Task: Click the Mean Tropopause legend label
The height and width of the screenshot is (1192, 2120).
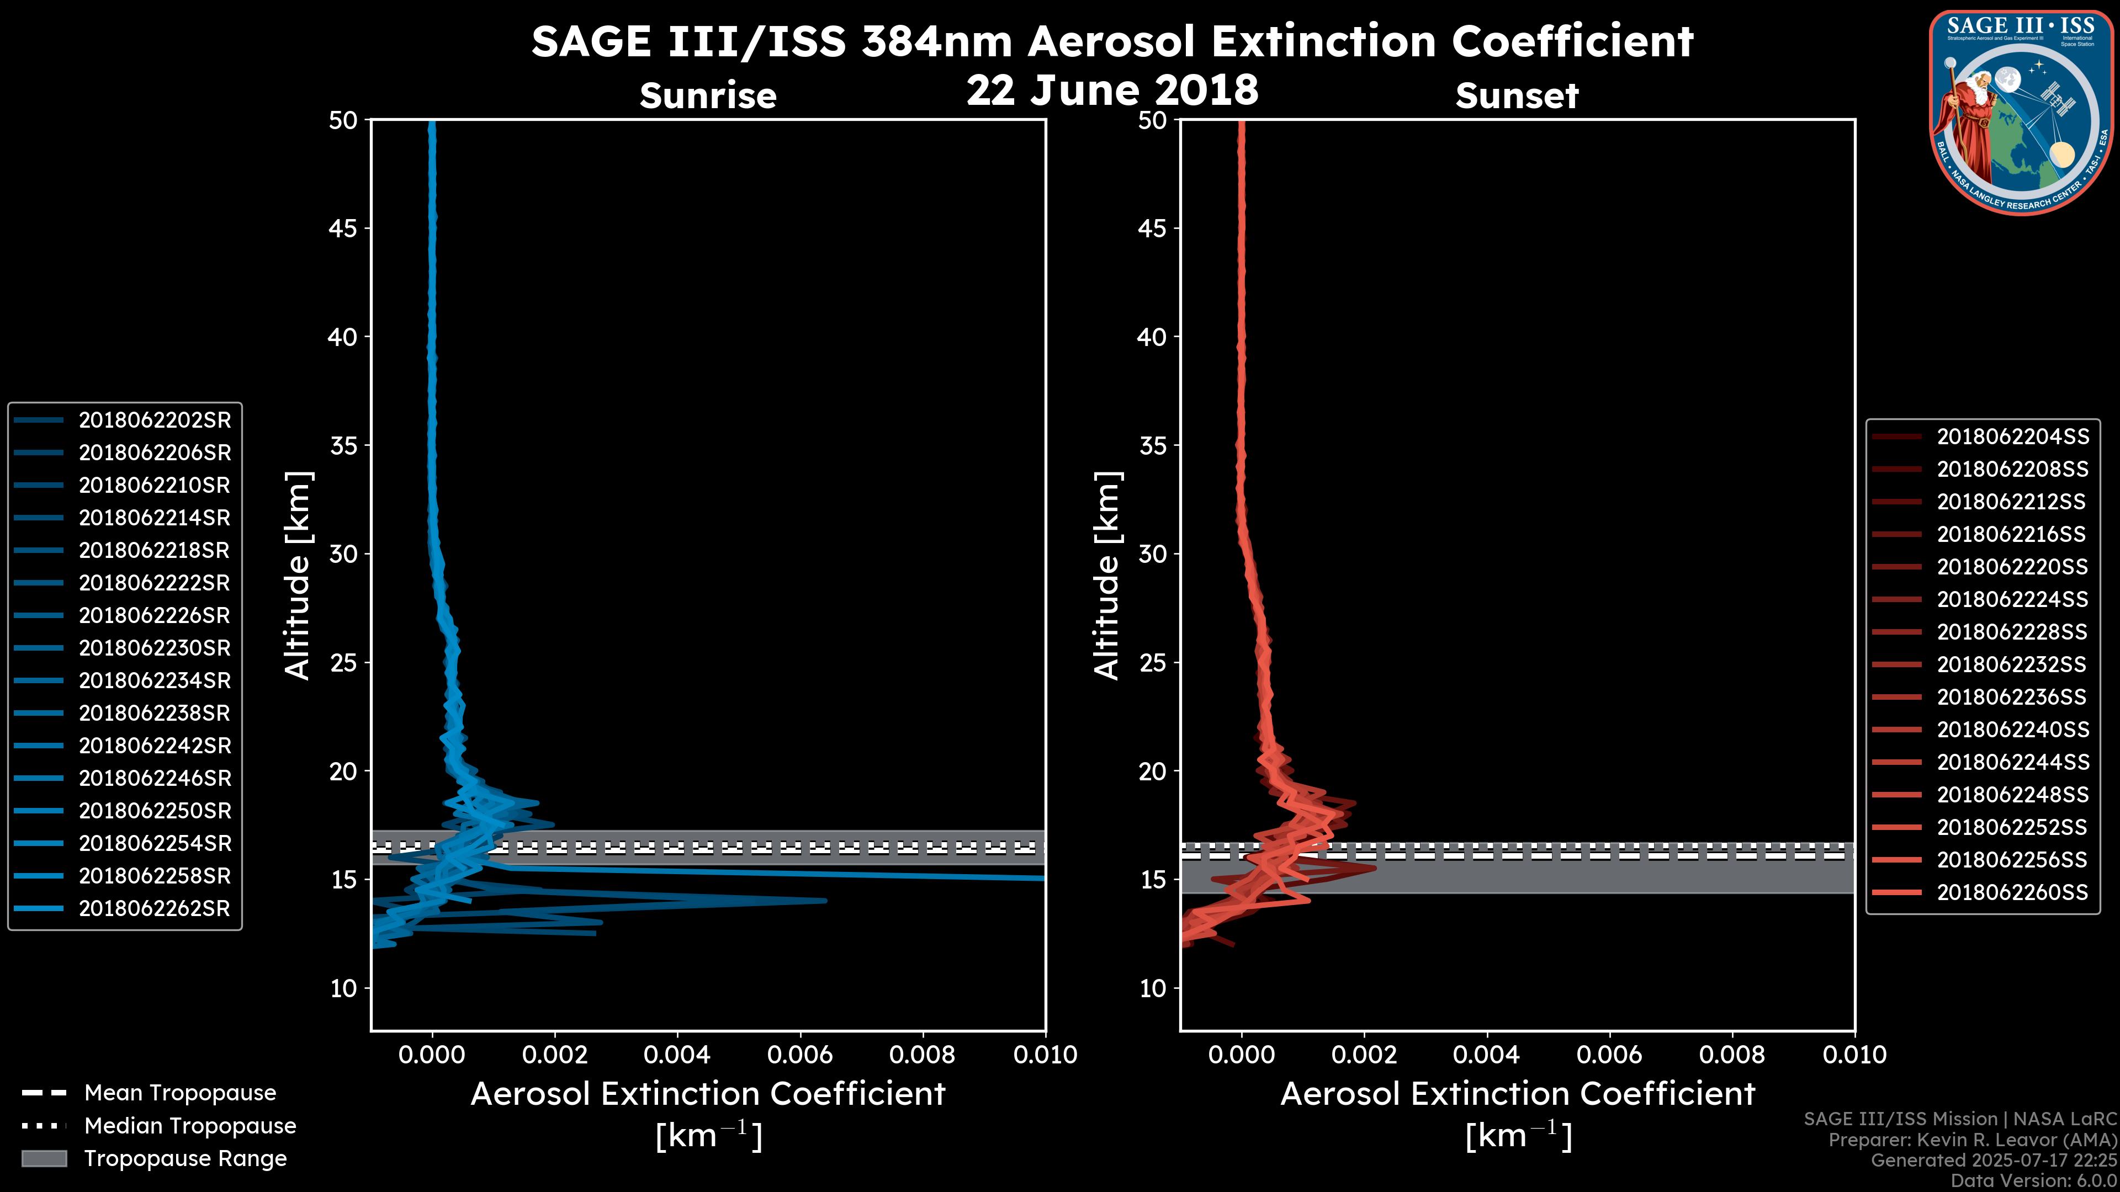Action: coord(179,1093)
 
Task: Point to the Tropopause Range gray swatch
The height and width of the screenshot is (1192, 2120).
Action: coord(44,1159)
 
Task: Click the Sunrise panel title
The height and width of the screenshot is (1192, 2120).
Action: coord(708,96)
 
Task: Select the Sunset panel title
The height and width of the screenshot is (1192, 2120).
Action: coord(1517,96)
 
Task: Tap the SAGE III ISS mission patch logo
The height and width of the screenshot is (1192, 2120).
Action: coord(2021,112)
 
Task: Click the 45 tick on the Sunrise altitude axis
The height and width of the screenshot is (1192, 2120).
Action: coord(343,228)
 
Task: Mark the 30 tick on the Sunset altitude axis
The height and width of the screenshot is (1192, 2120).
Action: coord(1153,555)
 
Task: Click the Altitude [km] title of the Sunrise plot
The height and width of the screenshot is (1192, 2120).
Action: coord(297,576)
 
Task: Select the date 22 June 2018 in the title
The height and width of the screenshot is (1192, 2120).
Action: coord(1112,91)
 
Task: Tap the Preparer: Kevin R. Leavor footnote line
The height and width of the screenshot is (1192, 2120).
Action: coord(1972,1140)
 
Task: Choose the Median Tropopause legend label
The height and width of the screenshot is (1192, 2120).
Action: coord(189,1126)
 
